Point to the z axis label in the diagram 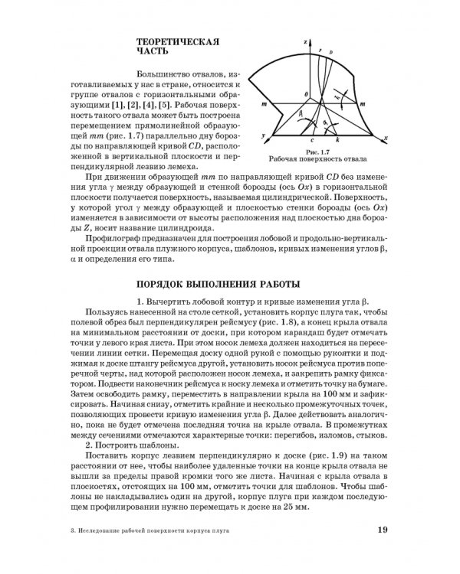click(305, 38)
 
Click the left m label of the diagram click(264, 101)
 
